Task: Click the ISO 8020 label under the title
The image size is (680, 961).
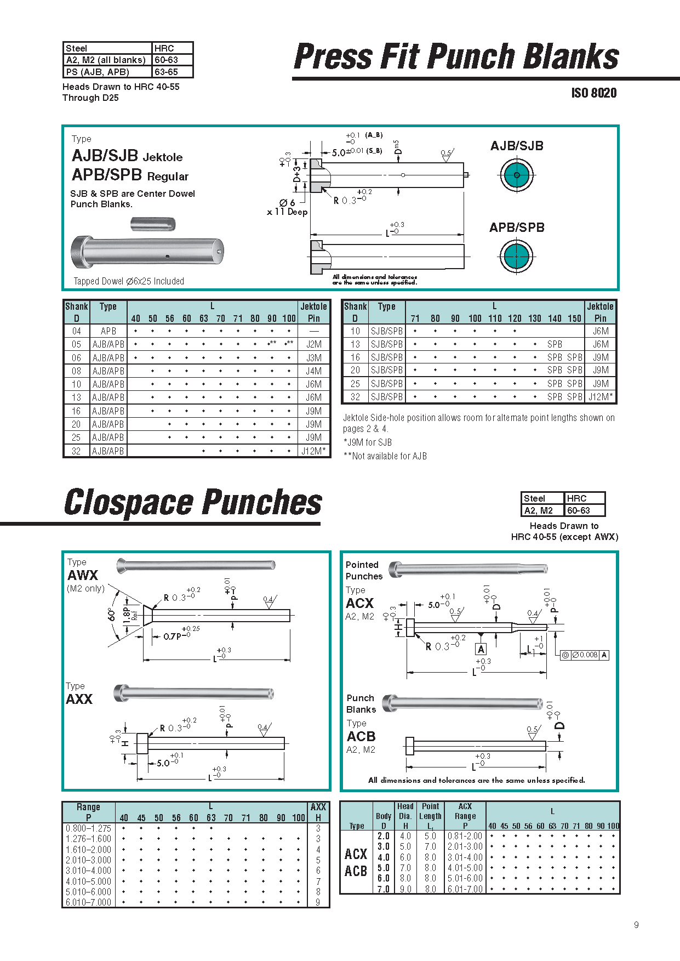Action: [593, 93]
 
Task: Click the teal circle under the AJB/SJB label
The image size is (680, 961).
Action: [516, 175]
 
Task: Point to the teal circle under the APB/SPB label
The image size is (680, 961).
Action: [516, 256]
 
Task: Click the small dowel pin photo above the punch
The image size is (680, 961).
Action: [153, 224]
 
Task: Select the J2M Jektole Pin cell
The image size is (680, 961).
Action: [313, 344]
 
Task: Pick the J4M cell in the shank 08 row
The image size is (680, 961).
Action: [313, 371]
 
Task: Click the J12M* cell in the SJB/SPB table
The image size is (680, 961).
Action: [601, 397]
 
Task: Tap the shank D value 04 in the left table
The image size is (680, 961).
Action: [76, 331]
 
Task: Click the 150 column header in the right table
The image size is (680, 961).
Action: [574, 319]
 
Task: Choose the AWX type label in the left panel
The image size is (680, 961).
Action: [83, 576]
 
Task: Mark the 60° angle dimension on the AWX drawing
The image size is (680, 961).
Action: [112, 615]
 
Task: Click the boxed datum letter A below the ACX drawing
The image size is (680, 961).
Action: [481, 649]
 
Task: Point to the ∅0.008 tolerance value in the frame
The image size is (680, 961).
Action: [586, 655]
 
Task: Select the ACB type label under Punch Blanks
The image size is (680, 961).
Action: [361, 736]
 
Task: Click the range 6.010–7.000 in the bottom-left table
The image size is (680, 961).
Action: [88, 902]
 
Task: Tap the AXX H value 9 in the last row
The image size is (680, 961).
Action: [318, 902]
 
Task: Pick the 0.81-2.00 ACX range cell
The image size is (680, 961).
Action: [465, 836]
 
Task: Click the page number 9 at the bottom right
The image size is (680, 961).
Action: [636, 925]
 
